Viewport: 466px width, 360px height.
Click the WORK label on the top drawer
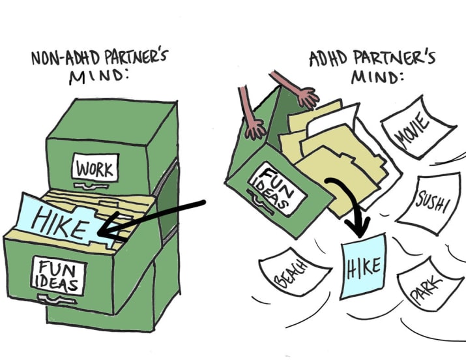[x=94, y=170]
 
